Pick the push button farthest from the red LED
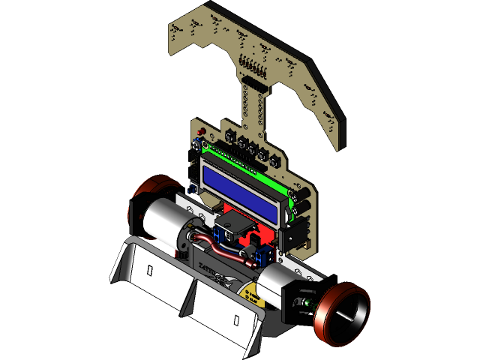[274, 160]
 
